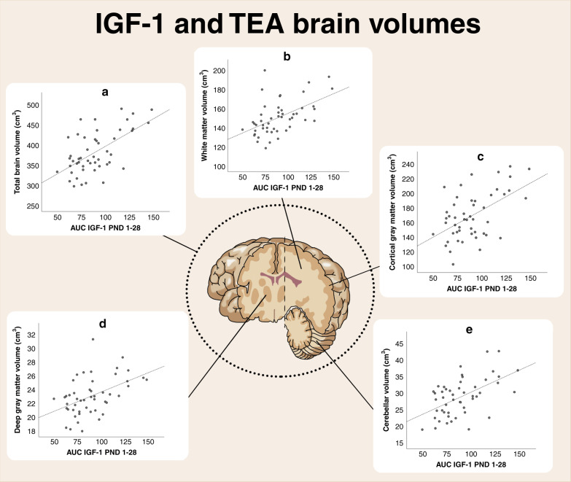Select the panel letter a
106,93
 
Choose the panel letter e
469,330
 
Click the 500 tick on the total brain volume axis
31,106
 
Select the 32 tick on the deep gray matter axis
31,335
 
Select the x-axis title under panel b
285,188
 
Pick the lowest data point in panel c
453,264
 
